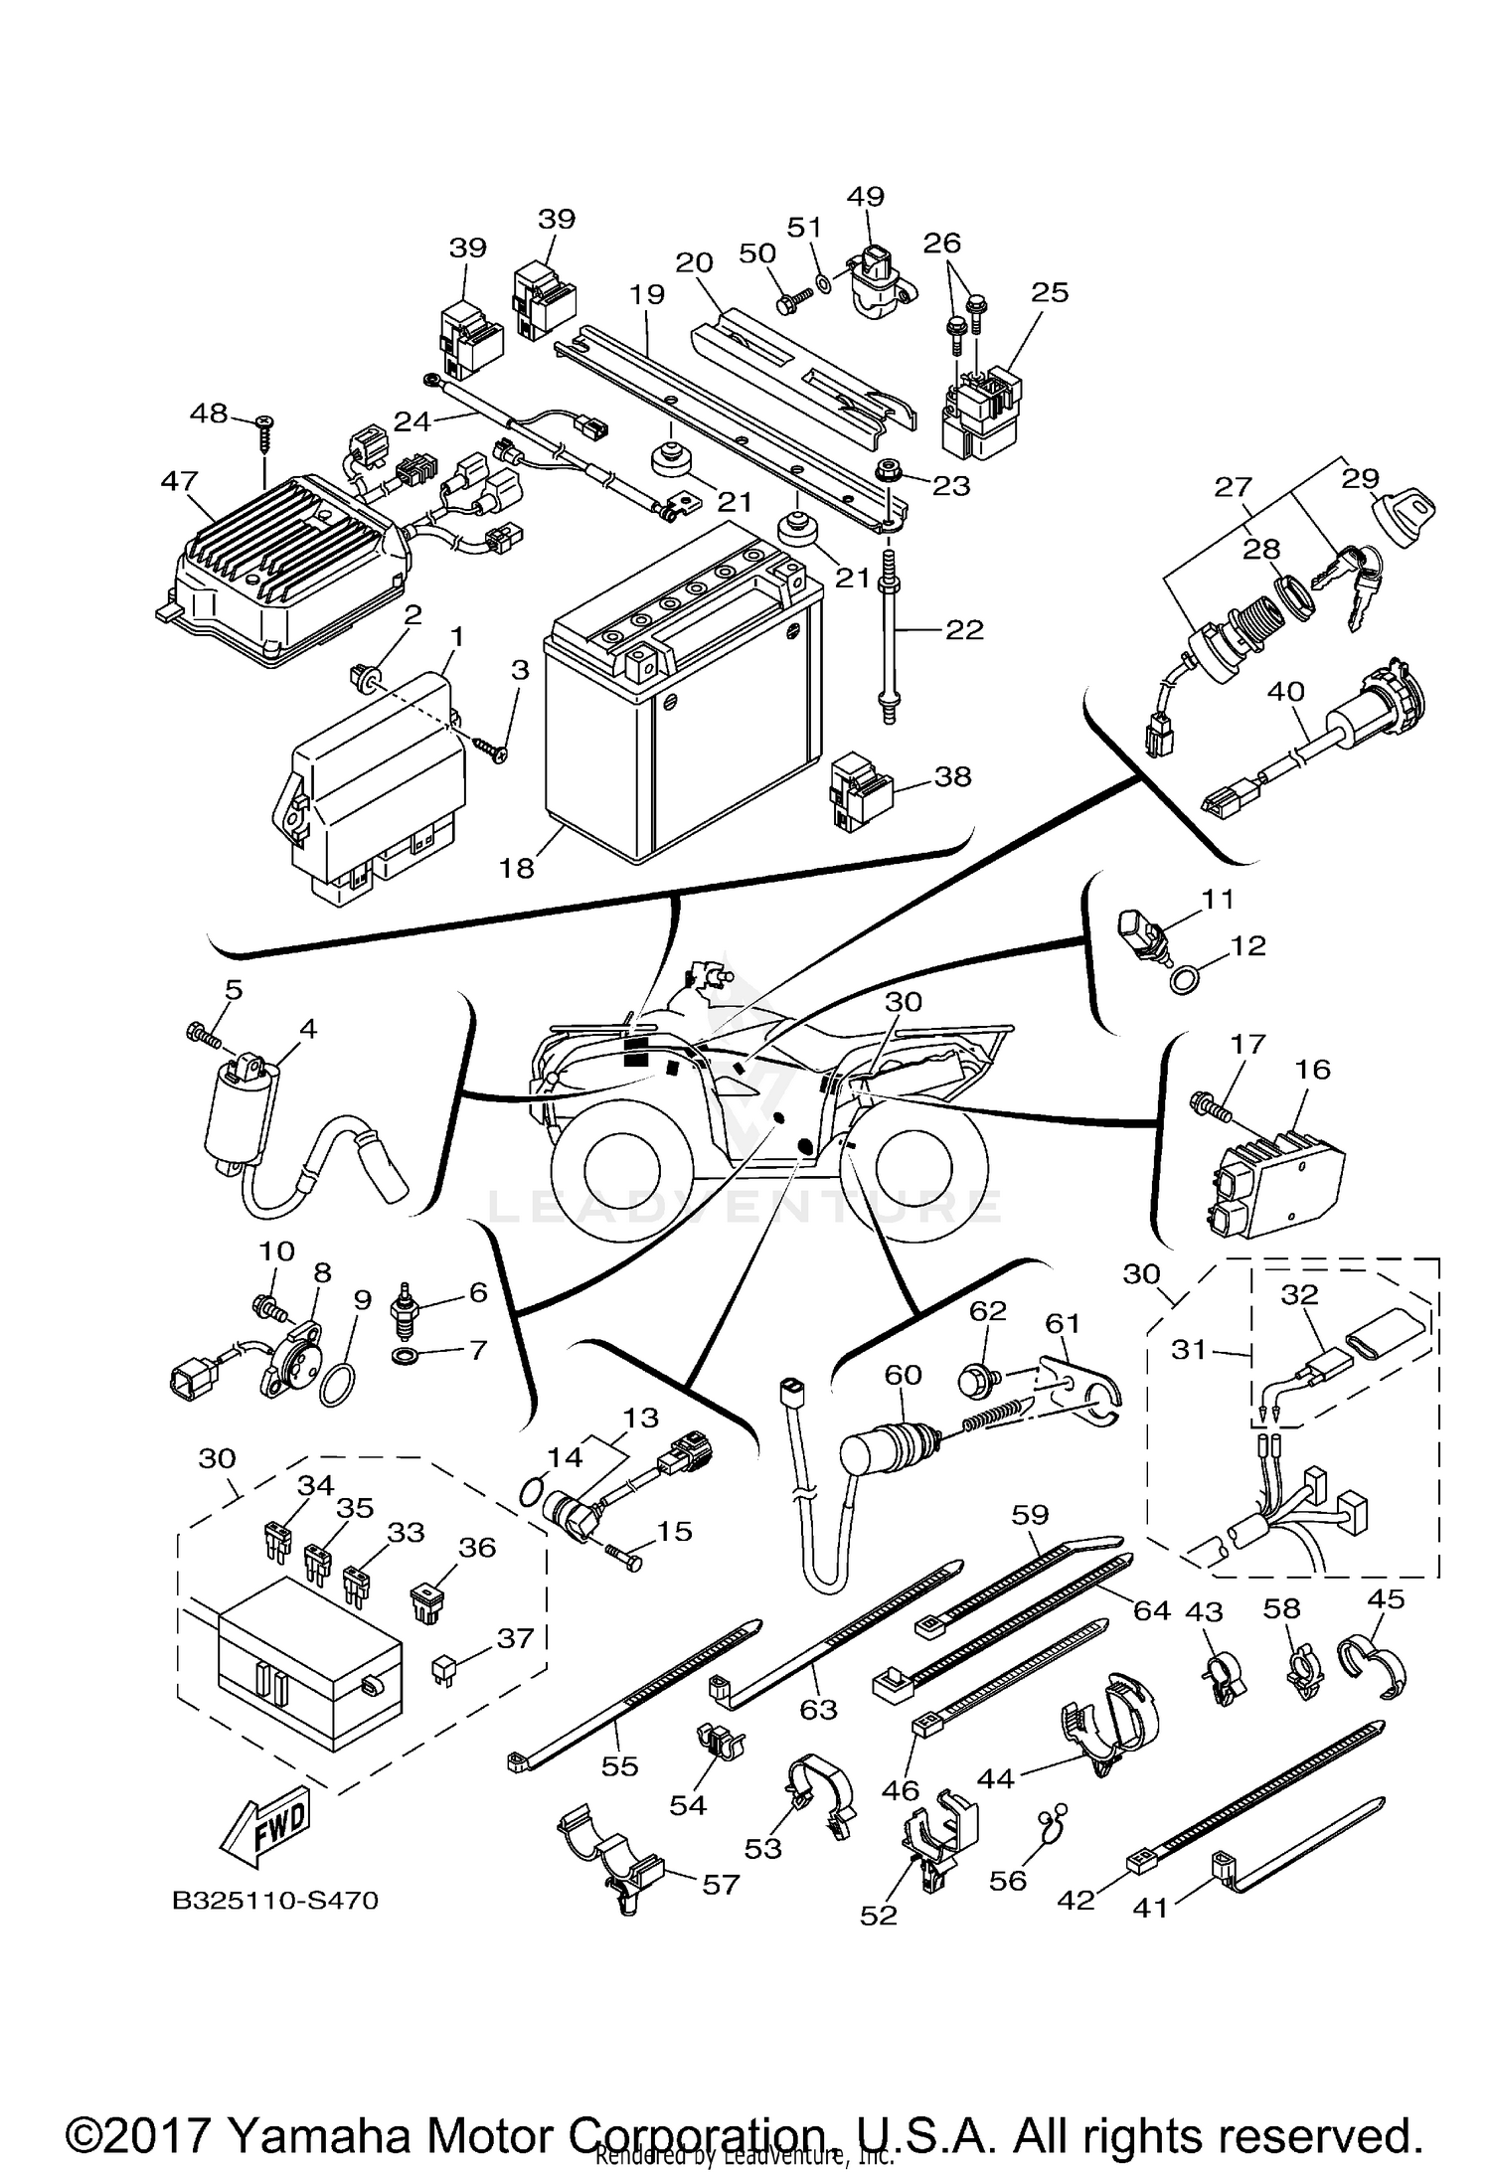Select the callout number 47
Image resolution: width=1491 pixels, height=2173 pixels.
[x=179, y=481]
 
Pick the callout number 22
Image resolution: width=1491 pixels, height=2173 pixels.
[x=963, y=629]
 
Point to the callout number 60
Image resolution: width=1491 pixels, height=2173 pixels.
[x=904, y=1375]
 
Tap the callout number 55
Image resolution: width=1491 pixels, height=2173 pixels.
[x=619, y=1766]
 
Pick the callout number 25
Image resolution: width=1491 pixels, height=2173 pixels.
[x=1051, y=292]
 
